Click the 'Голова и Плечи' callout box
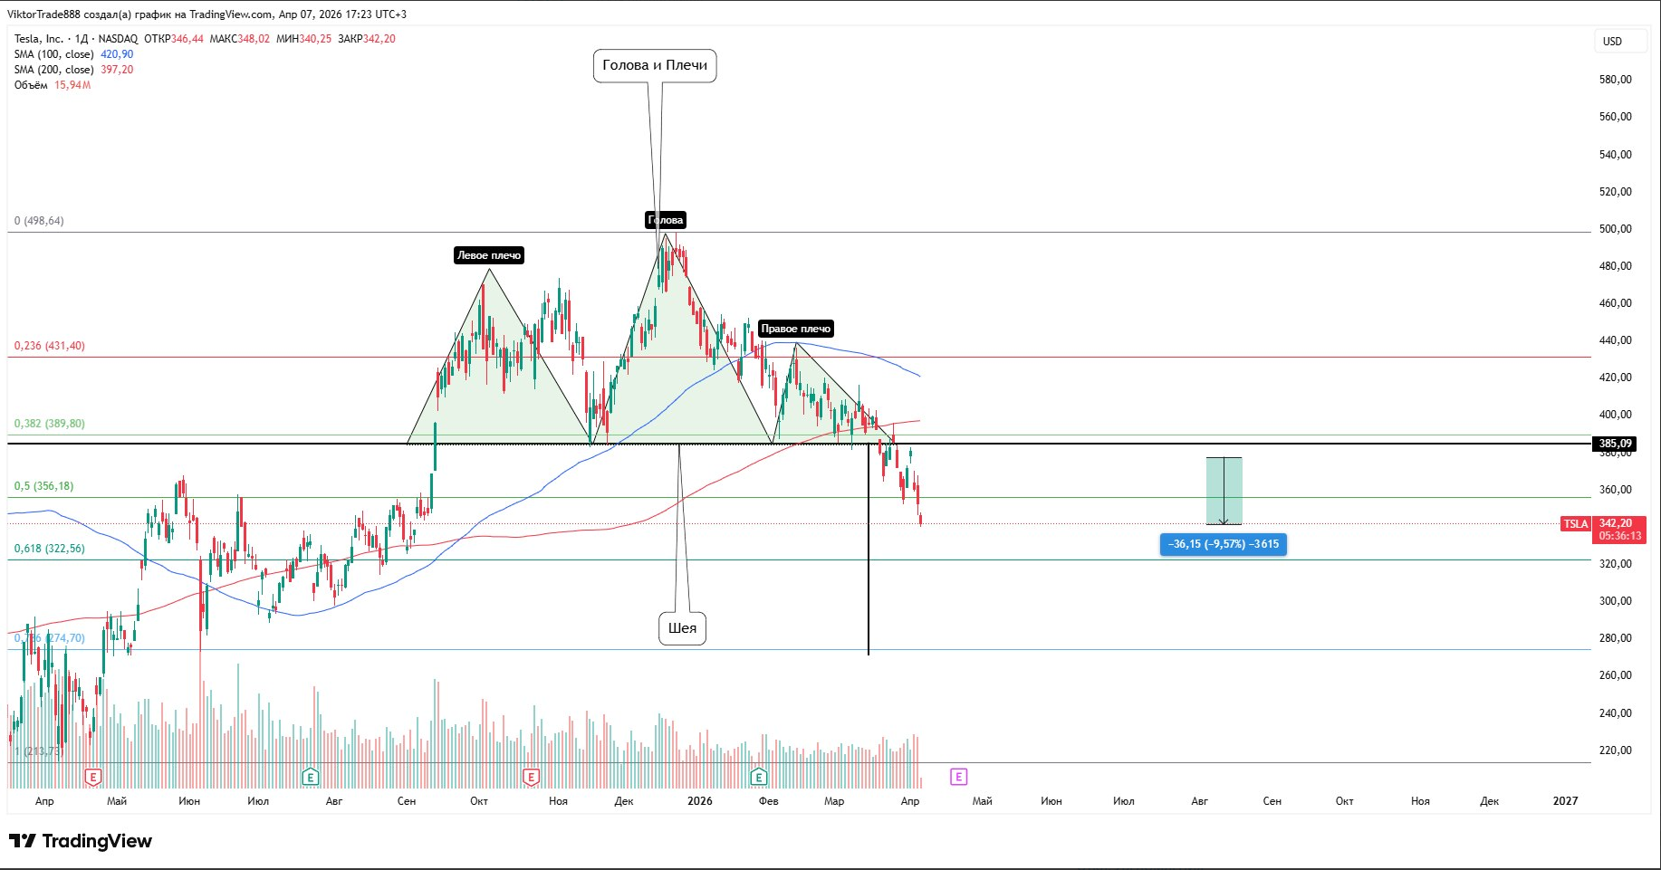point(655,65)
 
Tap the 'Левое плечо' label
point(489,255)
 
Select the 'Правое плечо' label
point(795,329)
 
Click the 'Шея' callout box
point(682,628)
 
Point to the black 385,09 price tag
point(1615,444)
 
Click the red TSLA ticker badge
point(1576,524)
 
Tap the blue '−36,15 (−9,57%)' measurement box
point(1223,544)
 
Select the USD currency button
point(1613,41)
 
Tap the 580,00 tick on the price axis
point(1615,80)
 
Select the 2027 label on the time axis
point(1565,801)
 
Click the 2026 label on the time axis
point(700,801)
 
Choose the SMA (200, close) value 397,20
point(117,70)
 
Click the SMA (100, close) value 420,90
point(117,54)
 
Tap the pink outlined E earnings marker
point(958,777)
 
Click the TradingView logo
point(81,841)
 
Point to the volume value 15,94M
point(72,85)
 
